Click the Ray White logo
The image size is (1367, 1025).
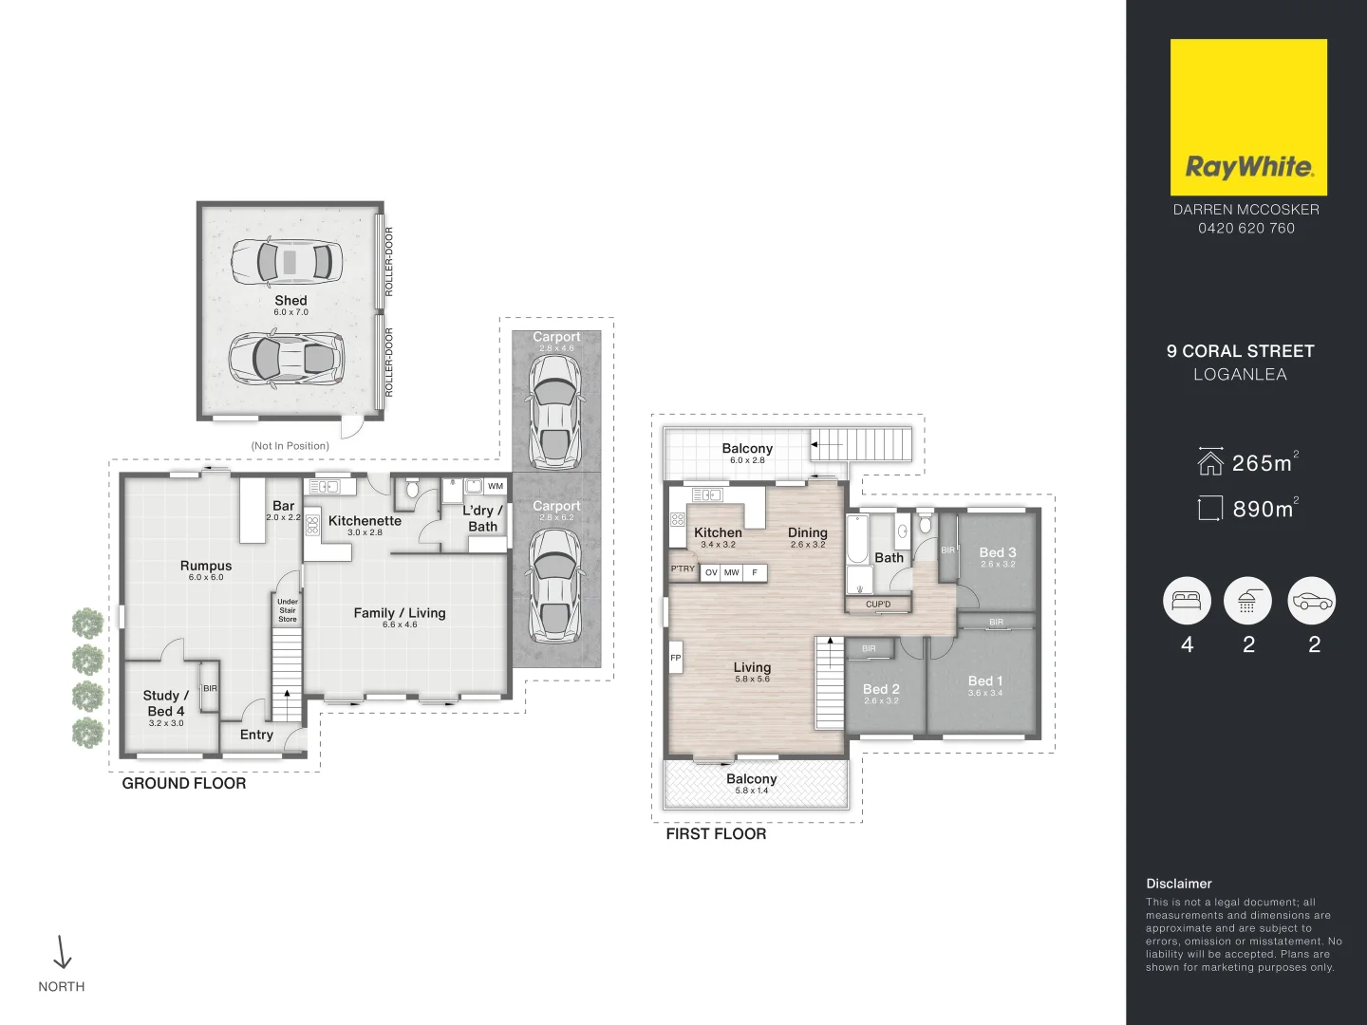1248,118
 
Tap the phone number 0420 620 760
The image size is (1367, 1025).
1245,228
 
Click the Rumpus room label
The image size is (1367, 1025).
206,566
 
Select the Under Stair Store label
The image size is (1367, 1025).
288,610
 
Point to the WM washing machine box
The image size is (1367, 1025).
496,486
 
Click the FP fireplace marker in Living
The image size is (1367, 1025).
676,658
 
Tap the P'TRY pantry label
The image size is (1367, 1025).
683,569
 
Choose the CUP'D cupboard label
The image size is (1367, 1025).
878,605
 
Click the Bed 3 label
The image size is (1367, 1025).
998,552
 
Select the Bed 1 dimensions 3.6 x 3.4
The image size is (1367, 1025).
985,693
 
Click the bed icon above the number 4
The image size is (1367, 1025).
1187,601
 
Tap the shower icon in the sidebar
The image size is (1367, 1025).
1247,601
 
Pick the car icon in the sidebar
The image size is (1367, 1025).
1312,601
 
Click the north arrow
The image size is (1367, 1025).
63,952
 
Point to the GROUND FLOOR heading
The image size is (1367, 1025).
184,783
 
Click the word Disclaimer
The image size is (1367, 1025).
1179,884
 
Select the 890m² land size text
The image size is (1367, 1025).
1264,509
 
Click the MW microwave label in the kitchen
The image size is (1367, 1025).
732,572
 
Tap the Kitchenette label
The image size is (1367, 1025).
365,521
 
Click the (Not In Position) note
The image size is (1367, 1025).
290,446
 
